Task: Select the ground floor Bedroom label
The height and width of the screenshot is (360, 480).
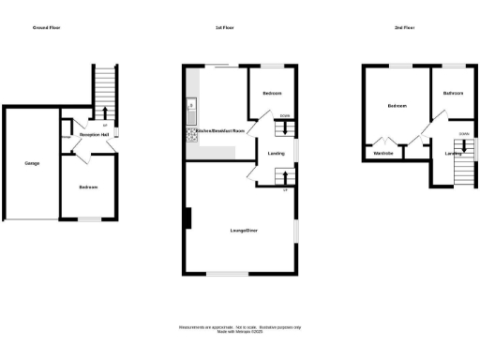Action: [x=88, y=187]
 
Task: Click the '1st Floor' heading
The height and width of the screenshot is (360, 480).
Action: [x=224, y=29]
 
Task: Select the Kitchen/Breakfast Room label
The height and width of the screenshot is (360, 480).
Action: [x=219, y=130]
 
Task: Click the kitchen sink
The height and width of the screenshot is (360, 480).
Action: [x=189, y=104]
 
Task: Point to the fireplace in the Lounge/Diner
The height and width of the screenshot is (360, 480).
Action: [x=187, y=221]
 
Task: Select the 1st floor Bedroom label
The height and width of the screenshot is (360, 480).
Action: [x=272, y=94]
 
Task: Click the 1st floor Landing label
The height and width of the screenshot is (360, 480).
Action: [x=277, y=154]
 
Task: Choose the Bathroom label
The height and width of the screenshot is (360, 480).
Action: [x=454, y=93]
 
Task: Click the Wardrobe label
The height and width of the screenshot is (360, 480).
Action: [x=382, y=153]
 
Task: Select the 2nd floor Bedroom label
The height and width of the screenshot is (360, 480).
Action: [x=397, y=106]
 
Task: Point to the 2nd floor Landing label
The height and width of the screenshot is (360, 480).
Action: [x=454, y=153]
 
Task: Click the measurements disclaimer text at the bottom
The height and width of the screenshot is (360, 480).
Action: [x=239, y=328]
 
